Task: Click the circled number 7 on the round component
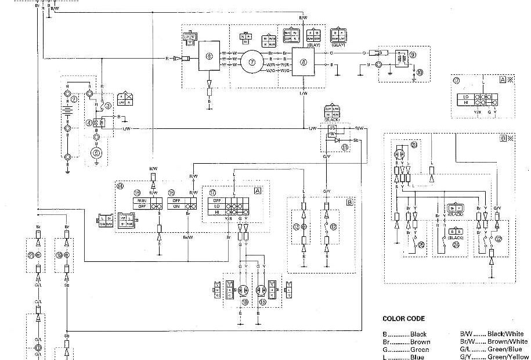(252, 60)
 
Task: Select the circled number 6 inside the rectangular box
(209, 56)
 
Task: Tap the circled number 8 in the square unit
(302, 60)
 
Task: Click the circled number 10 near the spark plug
(420, 73)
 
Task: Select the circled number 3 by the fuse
(107, 106)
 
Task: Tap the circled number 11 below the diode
(345, 147)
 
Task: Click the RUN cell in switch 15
(141, 200)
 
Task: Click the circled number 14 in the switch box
(120, 186)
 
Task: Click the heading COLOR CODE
(403, 318)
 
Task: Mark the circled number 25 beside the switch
(421, 244)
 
